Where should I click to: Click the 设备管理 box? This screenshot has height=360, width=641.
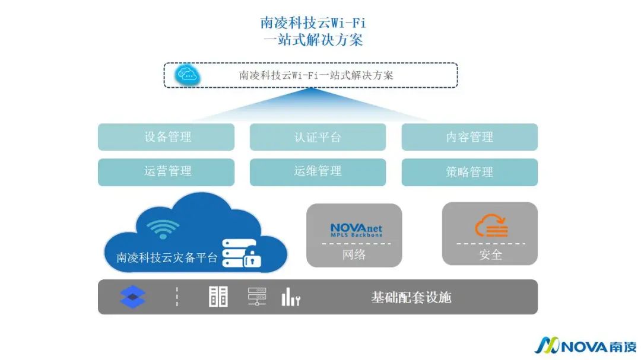click(166, 137)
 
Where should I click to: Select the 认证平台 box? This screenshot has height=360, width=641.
click(318, 137)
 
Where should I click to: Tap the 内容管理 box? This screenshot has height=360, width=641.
click(469, 137)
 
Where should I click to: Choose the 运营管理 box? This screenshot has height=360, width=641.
click(166, 172)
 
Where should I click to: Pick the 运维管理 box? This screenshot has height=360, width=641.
click(318, 172)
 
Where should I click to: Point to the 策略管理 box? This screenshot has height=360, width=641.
click(469, 172)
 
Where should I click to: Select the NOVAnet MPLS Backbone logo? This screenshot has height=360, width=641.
click(356, 230)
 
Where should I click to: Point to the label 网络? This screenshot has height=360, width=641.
click(354, 255)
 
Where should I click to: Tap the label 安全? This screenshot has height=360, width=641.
click(490, 255)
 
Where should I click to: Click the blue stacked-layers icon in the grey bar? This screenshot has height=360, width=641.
click(132, 297)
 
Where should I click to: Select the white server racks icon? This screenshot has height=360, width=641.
click(218, 297)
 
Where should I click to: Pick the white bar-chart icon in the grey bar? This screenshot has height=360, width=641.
click(290, 297)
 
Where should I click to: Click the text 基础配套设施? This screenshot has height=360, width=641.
click(411, 297)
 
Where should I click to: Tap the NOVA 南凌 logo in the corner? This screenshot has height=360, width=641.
click(586, 346)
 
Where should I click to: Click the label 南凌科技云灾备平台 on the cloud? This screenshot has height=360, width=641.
click(167, 258)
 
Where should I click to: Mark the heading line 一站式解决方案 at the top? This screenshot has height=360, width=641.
click(313, 40)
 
